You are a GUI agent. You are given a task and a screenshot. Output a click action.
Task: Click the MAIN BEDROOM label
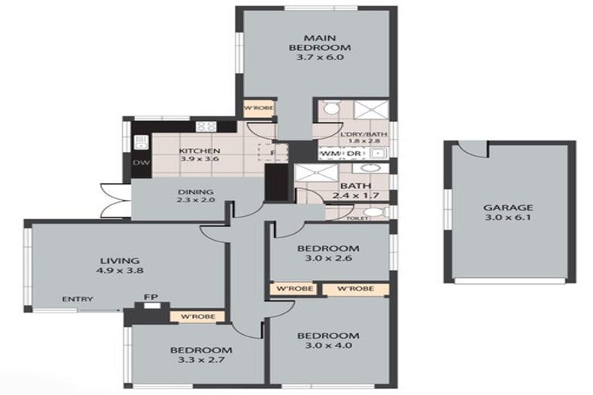pos(312,42)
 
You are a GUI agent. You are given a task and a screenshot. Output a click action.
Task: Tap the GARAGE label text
pos(508,208)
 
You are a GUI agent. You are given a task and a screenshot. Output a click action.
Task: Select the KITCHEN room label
pos(200,150)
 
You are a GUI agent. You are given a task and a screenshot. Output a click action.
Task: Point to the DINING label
pos(195,192)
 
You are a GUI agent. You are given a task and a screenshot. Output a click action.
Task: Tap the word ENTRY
pos(78,299)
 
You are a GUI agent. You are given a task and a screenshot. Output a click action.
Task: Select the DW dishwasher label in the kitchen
pos(141,163)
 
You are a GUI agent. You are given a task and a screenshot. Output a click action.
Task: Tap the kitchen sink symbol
pos(141,142)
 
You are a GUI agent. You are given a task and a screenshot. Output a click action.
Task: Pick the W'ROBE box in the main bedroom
pos(255,109)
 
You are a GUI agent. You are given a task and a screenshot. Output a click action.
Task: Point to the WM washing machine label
pos(329,154)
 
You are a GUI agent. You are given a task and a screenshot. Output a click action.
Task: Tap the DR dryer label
pos(351,154)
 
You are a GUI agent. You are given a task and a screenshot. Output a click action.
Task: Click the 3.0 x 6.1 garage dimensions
pos(508,218)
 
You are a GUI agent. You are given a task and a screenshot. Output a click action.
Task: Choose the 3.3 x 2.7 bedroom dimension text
pos(201,360)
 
